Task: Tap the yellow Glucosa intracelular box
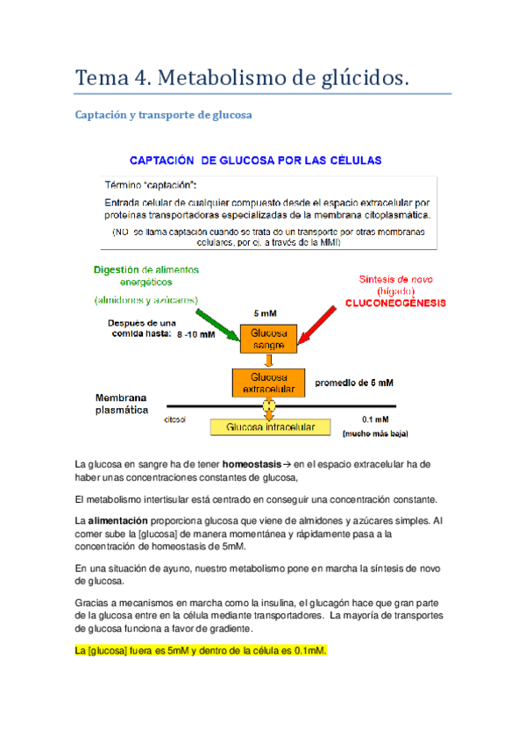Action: pos(270,427)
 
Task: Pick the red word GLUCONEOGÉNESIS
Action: pos(394,303)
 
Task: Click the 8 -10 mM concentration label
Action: pos(201,334)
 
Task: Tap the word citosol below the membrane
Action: pos(175,418)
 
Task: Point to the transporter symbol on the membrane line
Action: pos(268,406)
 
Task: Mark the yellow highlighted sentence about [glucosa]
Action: pos(201,650)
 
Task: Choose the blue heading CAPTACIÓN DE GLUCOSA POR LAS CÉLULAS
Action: pos(255,161)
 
